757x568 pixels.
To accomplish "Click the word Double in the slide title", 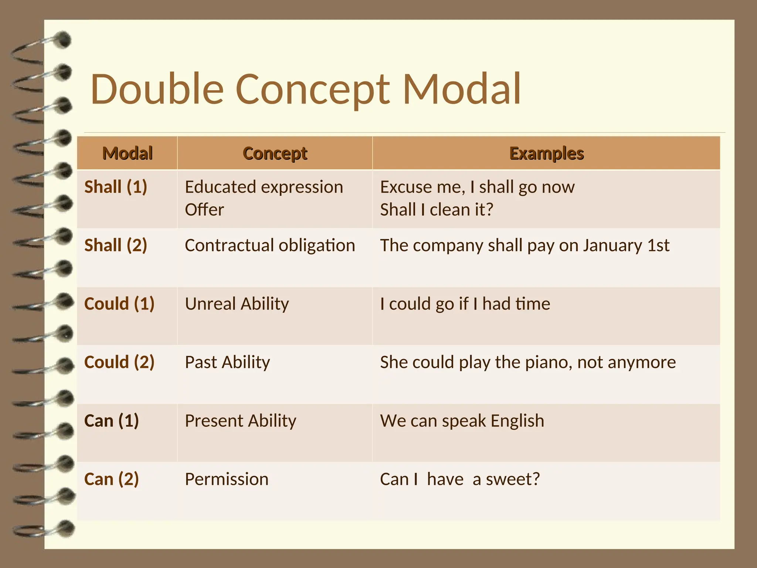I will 157,89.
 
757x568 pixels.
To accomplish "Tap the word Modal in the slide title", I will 462,89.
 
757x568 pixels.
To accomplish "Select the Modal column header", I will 128,153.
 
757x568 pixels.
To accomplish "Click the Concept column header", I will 275,153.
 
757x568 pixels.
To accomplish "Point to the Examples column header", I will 546,153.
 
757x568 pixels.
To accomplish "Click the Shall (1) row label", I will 116,187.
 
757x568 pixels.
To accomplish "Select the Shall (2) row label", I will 116,245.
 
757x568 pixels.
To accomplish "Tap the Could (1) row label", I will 119,304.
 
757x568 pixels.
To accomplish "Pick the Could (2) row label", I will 119,362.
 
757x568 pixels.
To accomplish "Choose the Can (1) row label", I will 111,420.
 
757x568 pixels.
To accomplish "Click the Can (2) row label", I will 111,479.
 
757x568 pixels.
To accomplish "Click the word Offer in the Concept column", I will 204,210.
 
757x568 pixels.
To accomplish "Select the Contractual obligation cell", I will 270,245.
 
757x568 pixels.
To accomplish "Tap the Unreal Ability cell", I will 237,304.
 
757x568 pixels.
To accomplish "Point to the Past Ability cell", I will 227,362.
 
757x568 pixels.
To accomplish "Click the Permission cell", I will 227,479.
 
